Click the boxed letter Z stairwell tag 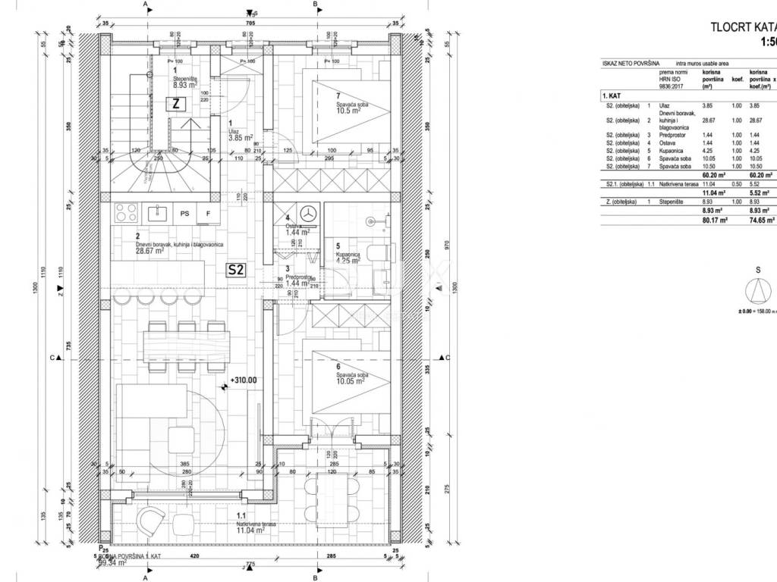point(175,105)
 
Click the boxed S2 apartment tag point(235,269)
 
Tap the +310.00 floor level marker point(243,381)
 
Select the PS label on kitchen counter point(184,214)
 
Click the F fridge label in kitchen point(208,214)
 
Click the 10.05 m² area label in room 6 point(351,381)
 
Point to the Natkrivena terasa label point(254,524)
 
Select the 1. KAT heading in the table point(612,96)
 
